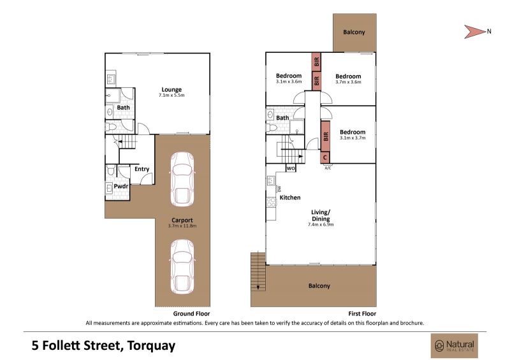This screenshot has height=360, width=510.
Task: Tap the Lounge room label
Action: (171, 89)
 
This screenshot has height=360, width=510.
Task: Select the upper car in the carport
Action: (182, 179)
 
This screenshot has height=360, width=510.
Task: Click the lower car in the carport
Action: (182, 267)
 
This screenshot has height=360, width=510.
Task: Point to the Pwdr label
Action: (120, 186)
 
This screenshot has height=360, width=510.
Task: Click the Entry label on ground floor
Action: (142, 169)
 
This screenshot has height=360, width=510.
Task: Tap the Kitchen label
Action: (290, 198)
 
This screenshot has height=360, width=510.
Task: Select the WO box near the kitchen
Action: (291, 168)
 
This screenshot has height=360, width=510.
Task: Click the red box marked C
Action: (325, 158)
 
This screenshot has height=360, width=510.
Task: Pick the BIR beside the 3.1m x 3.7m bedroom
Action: (326, 136)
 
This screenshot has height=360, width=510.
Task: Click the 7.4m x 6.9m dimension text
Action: (321, 224)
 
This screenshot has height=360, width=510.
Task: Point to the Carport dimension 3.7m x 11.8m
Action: (182, 226)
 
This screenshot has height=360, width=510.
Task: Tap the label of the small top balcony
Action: (354, 32)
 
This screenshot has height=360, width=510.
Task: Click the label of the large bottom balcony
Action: (319, 286)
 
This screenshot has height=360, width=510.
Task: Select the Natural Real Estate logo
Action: (455, 346)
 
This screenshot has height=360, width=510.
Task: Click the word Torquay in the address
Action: (151, 346)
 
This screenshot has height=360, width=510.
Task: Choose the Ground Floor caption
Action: (192, 314)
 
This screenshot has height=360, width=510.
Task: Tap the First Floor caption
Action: (362, 314)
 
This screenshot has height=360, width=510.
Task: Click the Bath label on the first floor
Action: (282, 118)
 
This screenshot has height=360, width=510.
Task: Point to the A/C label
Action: (328, 168)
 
